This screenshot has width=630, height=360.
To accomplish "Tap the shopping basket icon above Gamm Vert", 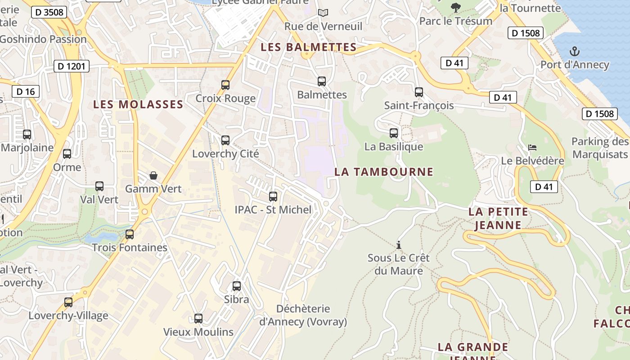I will point(153,175).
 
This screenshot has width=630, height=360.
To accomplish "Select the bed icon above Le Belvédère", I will point(532,148).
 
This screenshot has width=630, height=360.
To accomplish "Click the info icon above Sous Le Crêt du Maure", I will point(398,245).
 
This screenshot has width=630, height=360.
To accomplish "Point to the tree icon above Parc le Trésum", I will point(456,7).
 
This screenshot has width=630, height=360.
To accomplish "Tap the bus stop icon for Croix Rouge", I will point(225,85).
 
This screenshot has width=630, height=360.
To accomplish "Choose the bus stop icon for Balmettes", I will point(322,81).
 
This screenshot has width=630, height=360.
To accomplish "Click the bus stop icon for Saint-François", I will point(419,92).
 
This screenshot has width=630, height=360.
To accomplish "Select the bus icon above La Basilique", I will point(394,133).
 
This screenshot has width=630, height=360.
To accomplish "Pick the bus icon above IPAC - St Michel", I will point(273,196).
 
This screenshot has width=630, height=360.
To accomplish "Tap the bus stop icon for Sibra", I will point(236,286).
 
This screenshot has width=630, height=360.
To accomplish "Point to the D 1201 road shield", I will point(72,67).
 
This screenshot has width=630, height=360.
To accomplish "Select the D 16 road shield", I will point(26,92).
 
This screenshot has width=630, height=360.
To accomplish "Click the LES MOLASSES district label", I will point(138,105).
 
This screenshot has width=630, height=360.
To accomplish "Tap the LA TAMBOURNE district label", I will point(384,171).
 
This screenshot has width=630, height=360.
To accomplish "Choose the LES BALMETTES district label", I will point(309,47).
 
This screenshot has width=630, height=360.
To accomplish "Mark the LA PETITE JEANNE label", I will point(498,218).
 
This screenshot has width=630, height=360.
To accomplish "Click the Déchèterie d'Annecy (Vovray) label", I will point(303,315).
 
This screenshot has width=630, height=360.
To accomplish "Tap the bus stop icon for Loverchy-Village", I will point(68,302).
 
